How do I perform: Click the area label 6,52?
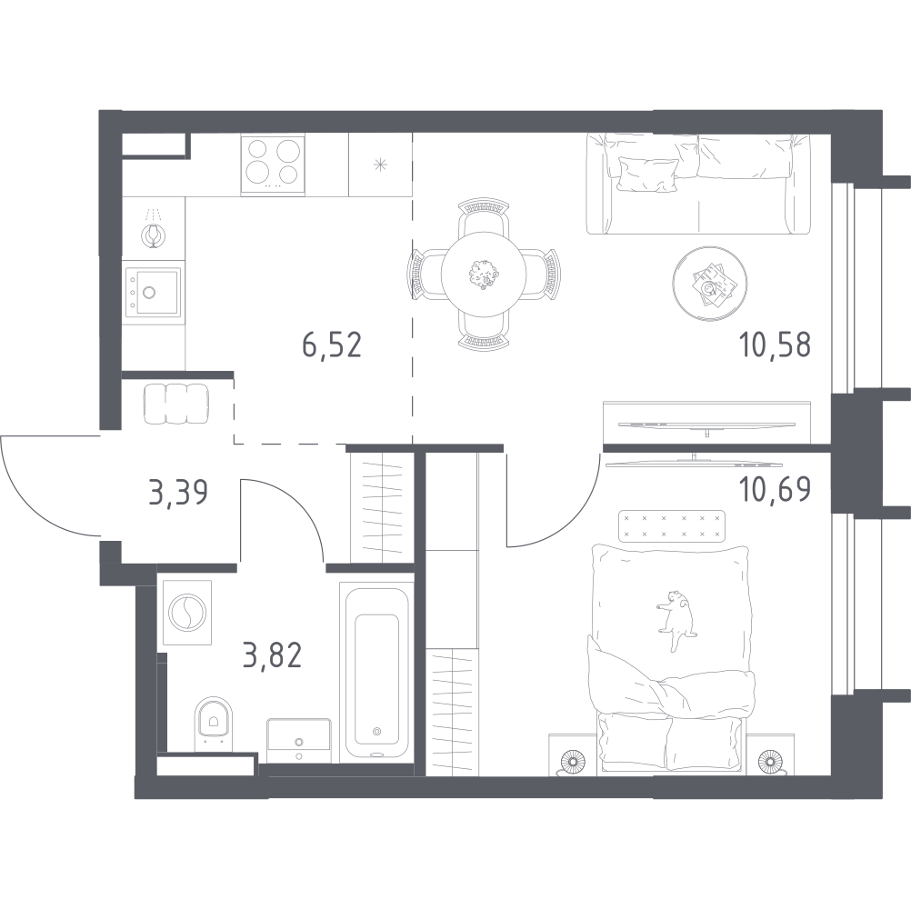[x=332, y=345]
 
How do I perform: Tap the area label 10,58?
[x=775, y=345]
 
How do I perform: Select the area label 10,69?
[x=775, y=490]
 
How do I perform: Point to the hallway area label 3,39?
[x=178, y=493]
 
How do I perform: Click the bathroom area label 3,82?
[x=272, y=655]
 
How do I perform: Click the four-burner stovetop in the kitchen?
[x=273, y=164]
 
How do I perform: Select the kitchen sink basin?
[x=152, y=292]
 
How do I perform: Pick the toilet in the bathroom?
[x=214, y=724]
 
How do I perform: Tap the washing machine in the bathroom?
[x=187, y=612]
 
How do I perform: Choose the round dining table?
[x=484, y=274]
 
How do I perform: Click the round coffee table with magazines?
[x=709, y=283]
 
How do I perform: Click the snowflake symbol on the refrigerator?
[x=381, y=165]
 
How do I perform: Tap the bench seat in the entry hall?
[x=175, y=404]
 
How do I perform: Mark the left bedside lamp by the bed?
[x=573, y=760]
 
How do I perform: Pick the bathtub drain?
[x=376, y=731]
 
